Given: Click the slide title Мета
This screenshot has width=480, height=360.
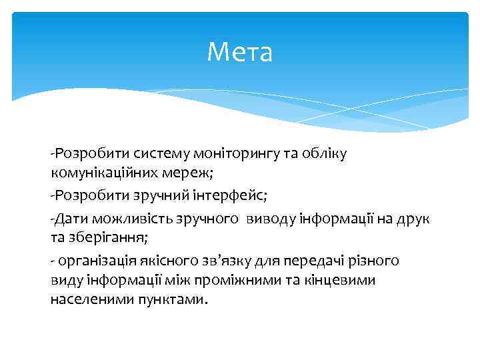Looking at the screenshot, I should coord(239,52).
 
